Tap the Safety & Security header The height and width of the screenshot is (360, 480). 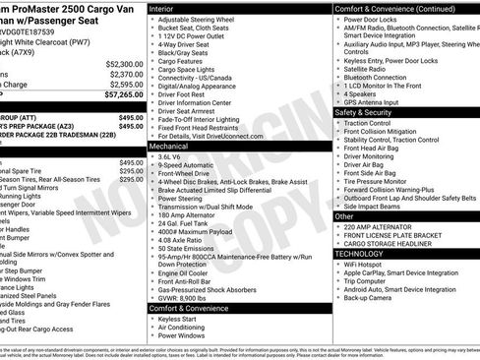pos(369,112)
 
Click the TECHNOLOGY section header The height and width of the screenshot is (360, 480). pos(363,253)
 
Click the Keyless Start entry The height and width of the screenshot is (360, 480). pos(178,319)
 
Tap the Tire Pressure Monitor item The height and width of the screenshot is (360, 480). pos(382,181)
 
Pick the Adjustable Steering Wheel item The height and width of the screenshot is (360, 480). pos(197,20)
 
